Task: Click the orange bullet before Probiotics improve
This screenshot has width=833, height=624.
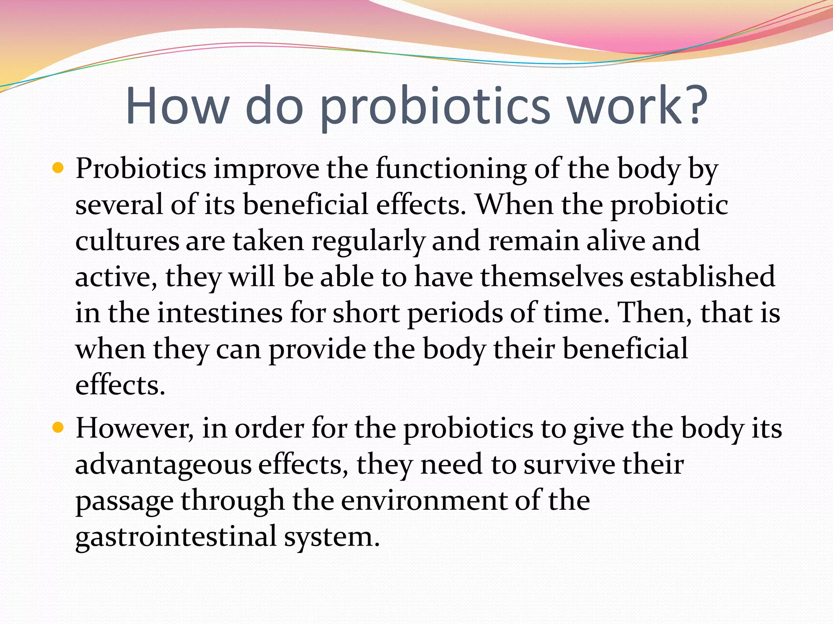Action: [59, 168]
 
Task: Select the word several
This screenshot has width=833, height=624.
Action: [119, 204]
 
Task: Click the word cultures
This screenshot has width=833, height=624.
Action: [127, 240]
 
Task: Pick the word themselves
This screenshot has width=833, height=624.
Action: [551, 277]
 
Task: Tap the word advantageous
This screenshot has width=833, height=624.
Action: [163, 465]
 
